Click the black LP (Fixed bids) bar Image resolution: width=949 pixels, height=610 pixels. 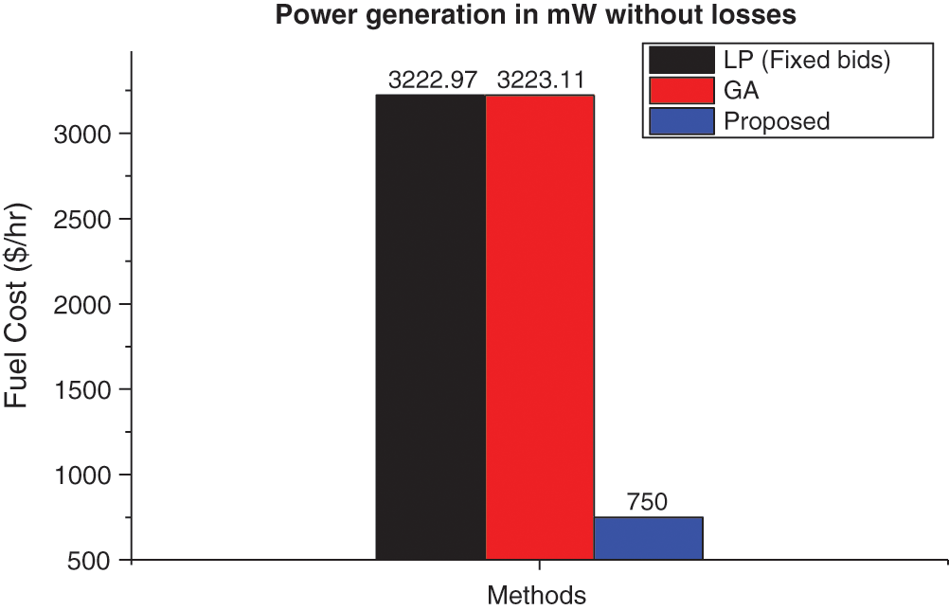tap(431, 327)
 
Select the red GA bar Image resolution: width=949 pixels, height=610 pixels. tap(540, 327)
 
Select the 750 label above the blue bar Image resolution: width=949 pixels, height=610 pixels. tap(648, 503)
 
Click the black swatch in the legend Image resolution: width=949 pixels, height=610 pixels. tap(681, 61)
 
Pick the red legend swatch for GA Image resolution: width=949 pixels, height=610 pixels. tap(681, 91)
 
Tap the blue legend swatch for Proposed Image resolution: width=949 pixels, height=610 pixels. tap(681, 121)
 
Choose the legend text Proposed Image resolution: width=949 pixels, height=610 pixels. tap(777, 121)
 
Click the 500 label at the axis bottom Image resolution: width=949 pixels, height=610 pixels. tap(95, 560)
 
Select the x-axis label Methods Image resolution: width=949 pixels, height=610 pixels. tap(536, 595)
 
